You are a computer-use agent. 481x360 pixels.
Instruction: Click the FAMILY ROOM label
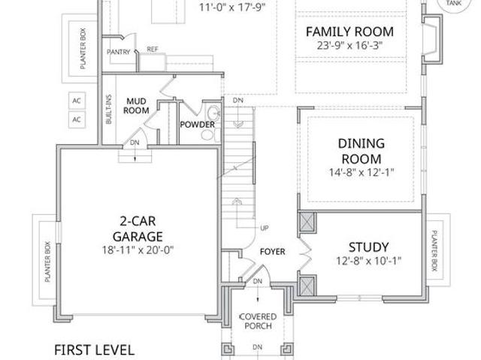(349, 32)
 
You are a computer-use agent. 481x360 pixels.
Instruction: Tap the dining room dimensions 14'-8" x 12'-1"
(362, 172)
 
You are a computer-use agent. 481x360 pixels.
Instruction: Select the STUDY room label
(369, 247)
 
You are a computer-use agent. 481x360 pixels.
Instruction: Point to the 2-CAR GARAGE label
(138, 228)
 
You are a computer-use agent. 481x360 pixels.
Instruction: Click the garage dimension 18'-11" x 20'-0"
(138, 250)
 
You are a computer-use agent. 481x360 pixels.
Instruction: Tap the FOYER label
(272, 252)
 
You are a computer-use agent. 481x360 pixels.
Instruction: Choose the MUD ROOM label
(136, 106)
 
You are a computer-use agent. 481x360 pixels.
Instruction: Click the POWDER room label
(197, 125)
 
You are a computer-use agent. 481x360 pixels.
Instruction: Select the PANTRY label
(119, 52)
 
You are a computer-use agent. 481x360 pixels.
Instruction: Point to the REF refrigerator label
(153, 49)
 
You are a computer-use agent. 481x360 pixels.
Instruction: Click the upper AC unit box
(77, 101)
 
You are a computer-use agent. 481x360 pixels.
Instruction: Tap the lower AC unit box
(77, 119)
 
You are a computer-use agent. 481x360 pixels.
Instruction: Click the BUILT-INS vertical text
(108, 110)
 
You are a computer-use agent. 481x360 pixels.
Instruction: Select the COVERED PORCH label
(258, 322)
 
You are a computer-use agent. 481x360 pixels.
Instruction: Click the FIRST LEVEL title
(94, 350)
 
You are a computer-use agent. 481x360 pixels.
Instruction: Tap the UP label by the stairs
(265, 228)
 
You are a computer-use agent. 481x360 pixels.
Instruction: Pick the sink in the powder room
(213, 113)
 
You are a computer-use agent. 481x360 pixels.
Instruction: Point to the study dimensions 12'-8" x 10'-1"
(369, 262)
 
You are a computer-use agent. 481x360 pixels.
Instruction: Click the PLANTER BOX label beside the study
(434, 250)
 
